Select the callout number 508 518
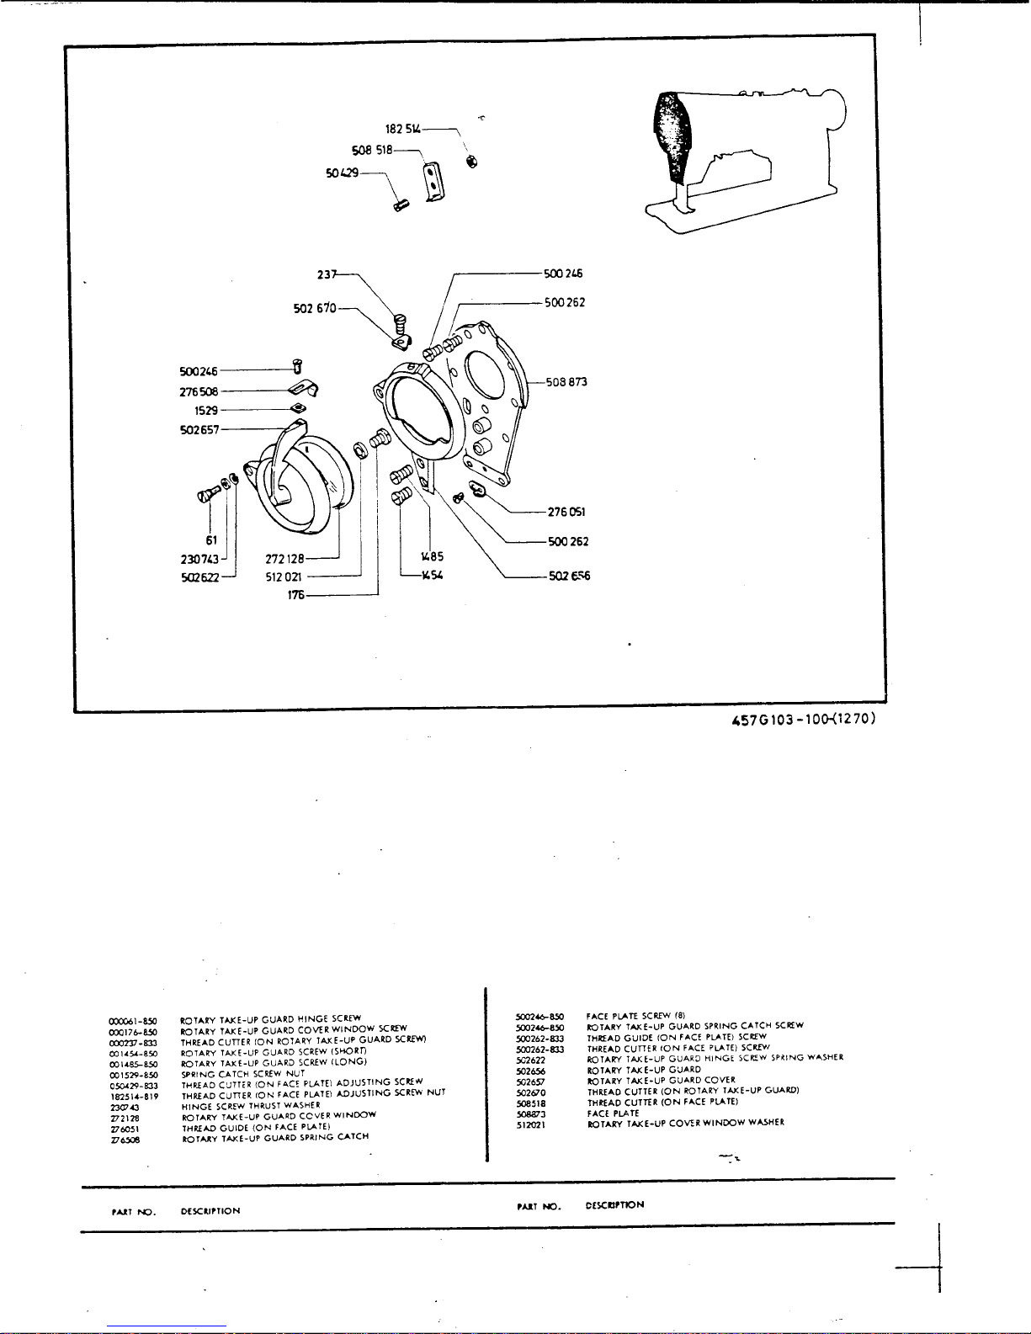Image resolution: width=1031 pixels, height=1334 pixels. tap(371, 151)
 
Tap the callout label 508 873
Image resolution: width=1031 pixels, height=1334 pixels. tap(566, 382)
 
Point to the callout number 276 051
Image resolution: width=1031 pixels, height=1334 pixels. tap(566, 512)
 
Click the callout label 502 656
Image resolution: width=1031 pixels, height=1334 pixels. tap(569, 577)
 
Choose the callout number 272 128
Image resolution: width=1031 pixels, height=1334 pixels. tap(284, 558)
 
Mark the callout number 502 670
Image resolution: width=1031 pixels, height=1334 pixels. tap(315, 309)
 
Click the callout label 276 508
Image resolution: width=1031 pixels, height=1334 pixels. tap(199, 391)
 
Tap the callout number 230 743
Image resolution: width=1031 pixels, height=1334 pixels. tap(199, 559)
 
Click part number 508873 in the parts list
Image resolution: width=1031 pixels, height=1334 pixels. tap(531, 1113)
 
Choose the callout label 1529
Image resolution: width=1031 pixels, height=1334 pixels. tap(206, 411)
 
